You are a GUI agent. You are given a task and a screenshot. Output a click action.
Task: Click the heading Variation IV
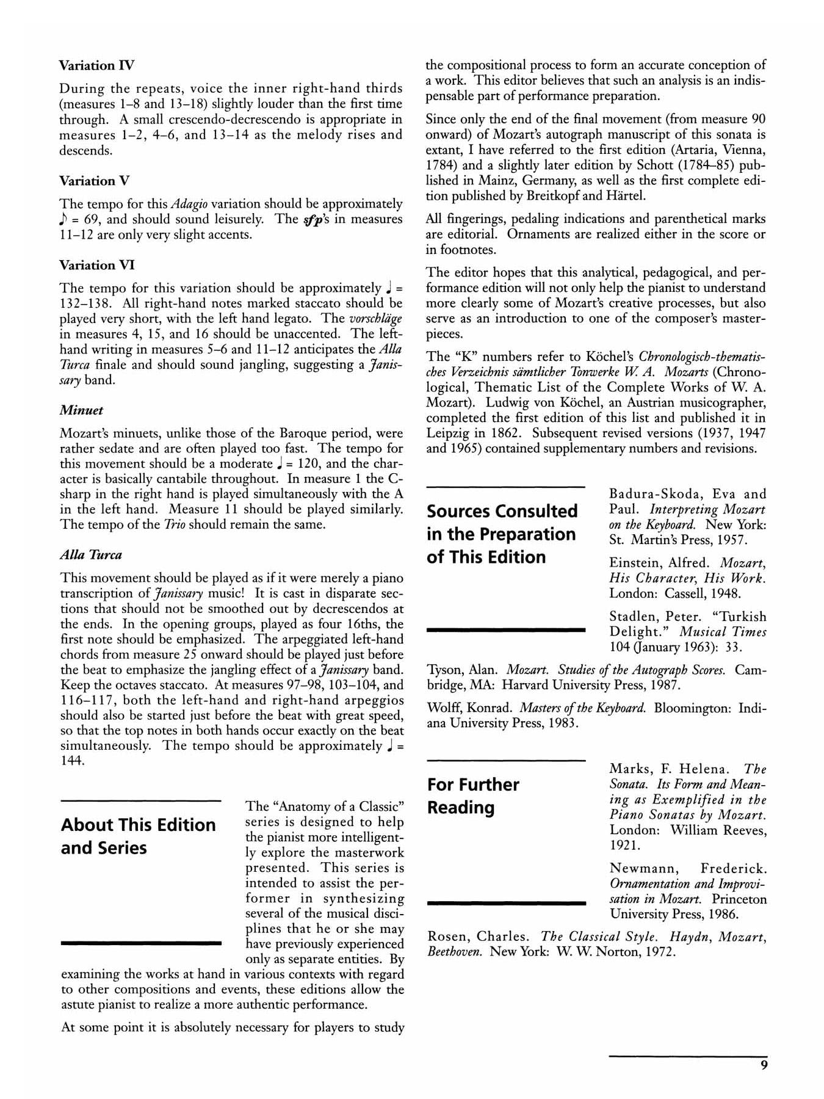coord(96,65)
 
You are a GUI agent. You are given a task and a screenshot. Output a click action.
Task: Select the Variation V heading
coord(94,181)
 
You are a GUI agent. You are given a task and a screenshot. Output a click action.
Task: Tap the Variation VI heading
coord(96,265)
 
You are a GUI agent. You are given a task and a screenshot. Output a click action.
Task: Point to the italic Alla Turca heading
coord(91,554)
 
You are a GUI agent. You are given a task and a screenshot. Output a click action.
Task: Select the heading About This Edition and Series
coord(139,836)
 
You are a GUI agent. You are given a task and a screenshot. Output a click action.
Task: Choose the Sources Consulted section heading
coord(502,534)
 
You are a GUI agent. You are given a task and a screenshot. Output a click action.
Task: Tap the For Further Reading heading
coord(473,796)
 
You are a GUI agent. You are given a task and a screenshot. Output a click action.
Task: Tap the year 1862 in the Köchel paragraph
coord(504,433)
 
